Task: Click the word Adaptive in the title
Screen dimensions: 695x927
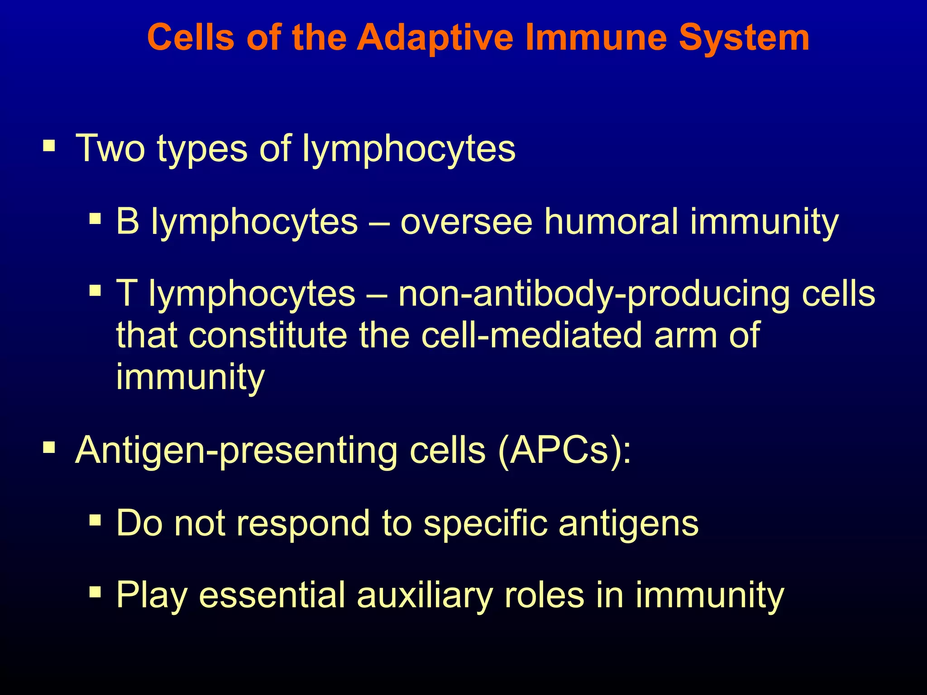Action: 435,38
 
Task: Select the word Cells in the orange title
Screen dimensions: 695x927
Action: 191,38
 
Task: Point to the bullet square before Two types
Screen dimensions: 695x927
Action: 49,146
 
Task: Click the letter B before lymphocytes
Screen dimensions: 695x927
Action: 127,221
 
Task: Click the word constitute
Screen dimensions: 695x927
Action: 268,335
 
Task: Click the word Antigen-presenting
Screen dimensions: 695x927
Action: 236,451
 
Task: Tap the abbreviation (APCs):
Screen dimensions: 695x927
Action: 564,451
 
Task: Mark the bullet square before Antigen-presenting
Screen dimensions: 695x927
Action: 49,448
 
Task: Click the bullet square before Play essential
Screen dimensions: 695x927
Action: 95,592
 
